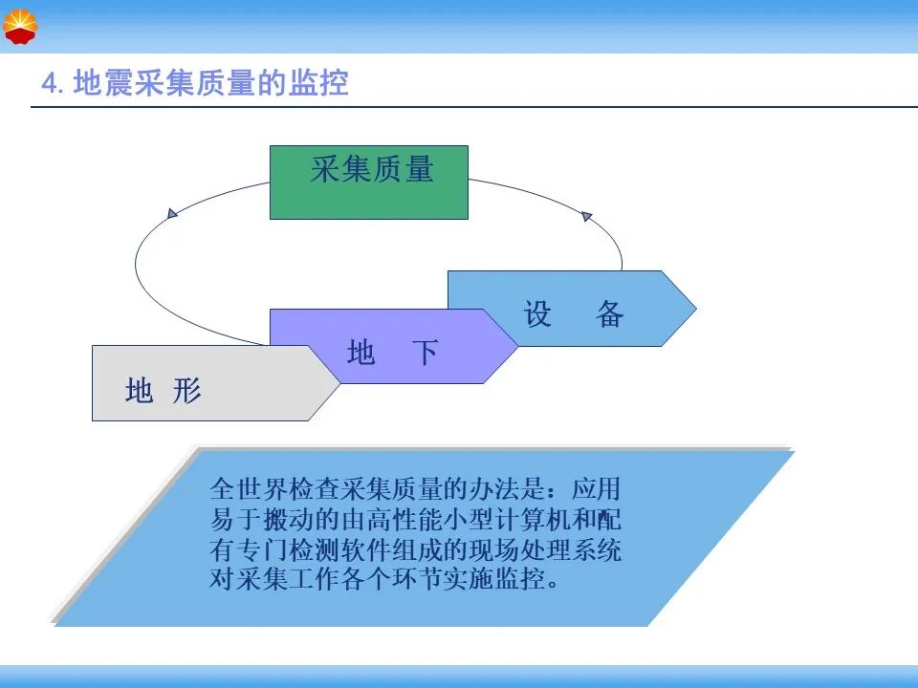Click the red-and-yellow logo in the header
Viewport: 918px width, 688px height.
pyautogui.click(x=20, y=27)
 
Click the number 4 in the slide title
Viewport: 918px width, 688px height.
pyautogui.click(x=49, y=83)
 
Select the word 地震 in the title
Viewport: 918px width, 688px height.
pyautogui.click(x=103, y=82)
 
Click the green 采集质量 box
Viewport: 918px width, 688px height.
pyautogui.click(x=369, y=183)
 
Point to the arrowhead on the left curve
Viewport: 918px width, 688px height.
pyautogui.click(x=172, y=213)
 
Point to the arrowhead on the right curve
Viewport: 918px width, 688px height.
pyautogui.click(x=586, y=216)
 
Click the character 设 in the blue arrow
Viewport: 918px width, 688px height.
pyautogui.click(x=537, y=313)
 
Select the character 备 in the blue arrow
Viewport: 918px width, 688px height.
pyautogui.click(x=609, y=313)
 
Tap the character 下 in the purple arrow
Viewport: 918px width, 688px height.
pyautogui.click(x=425, y=353)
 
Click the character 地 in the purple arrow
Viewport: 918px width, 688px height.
pyautogui.click(x=361, y=353)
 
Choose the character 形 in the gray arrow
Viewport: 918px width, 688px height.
pyautogui.click(x=187, y=390)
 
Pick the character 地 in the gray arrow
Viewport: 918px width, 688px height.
pyautogui.click(x=140, y=390)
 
